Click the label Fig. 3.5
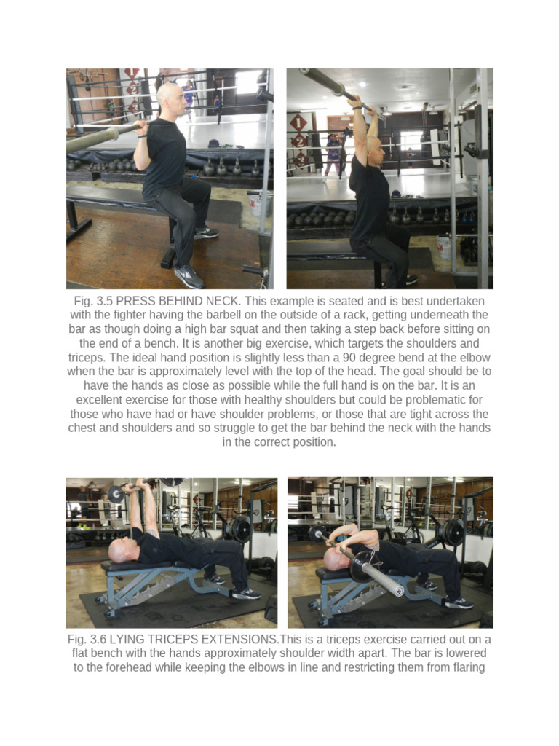point(92,302)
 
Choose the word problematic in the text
point(433,400)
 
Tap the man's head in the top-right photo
point(374,149)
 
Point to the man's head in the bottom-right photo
point(334,558)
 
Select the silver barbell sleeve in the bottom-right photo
point(382,578)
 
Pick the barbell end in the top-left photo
point(91,140)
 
